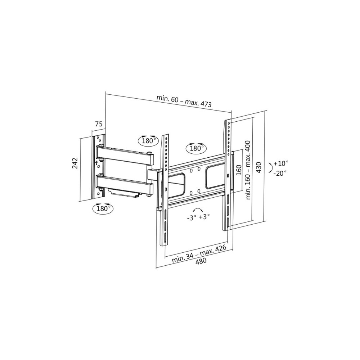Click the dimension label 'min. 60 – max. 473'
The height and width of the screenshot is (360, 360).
tap(184, 101)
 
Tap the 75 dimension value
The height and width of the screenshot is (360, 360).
tap(99, 124)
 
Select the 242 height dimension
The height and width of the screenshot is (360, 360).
tap(75, 163)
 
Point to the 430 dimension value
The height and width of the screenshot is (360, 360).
tap(259, 168)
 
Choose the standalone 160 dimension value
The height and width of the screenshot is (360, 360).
tap(239, 170)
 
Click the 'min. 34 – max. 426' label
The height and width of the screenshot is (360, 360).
tap(199, 254)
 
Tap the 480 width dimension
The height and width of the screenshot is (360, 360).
tap(201, 261)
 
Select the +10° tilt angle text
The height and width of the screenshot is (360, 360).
tap(280, 163)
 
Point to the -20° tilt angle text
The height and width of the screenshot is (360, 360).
tap(280, 173)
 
